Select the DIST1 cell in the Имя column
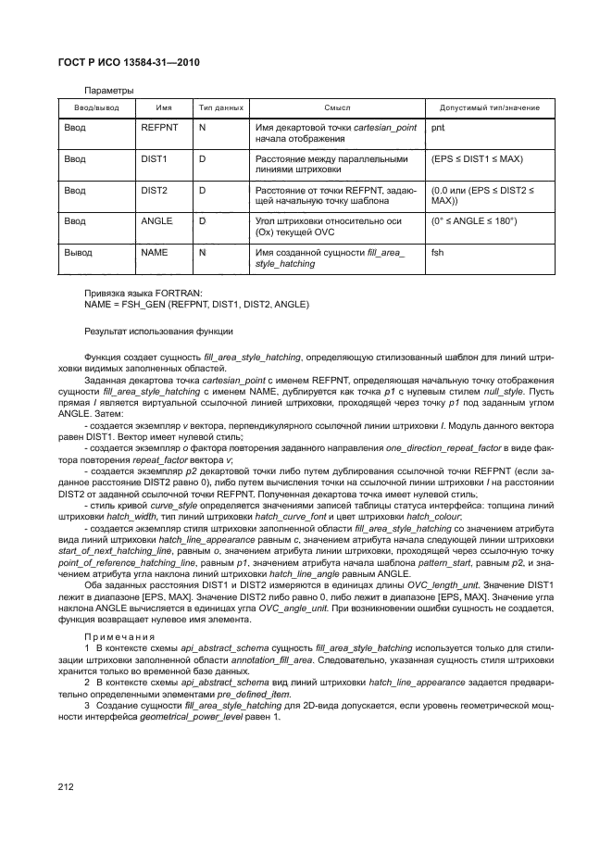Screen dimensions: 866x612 point(153,158)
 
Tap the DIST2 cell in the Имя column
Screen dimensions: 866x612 point(153,190)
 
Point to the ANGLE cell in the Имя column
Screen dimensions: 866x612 point(156,221)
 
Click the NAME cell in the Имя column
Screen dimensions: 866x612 point(154,252)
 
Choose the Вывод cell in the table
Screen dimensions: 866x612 point(78,252)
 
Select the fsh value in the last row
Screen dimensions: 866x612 point(438,252)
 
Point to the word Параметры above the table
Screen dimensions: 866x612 point(109,90)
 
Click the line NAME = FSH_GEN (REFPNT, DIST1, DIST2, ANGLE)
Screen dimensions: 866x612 point(196,306)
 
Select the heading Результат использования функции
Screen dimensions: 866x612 point(158,331)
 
